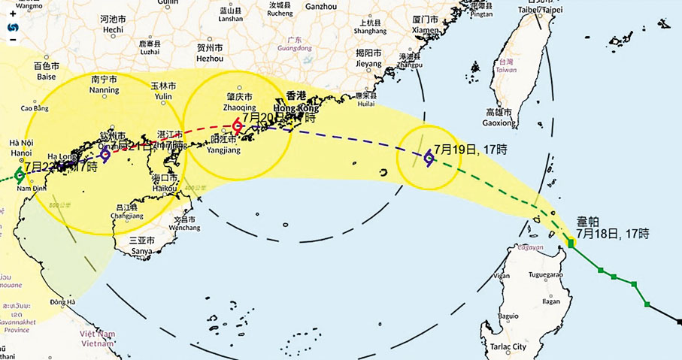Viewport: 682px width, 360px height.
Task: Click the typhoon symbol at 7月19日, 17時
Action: coord(428,157)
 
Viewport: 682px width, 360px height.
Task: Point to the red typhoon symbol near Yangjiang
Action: coord(238,125)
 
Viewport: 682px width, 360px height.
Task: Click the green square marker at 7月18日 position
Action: coord(571,243)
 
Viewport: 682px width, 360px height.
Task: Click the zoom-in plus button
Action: coord(13,14)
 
